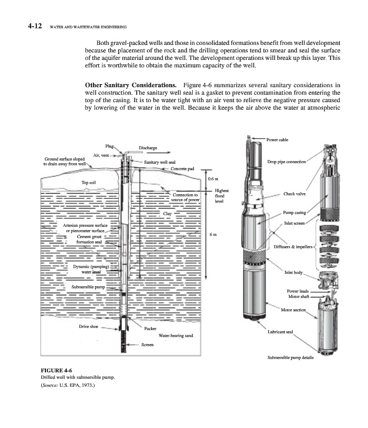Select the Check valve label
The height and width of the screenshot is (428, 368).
(x=294, y=194)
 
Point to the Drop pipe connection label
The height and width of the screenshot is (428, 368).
(x=286, y=162)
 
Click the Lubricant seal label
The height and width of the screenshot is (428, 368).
(x=280, y=332)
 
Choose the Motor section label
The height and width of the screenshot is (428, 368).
(x=293, y=310)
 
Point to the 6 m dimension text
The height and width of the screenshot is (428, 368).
(x=214, y=234)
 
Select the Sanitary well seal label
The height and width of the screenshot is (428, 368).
(x=160, y=162)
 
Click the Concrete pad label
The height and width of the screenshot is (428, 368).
(x=182, y=169)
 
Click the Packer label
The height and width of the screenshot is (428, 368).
(x=150, y=328)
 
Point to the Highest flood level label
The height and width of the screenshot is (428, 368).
(x=222, y=196)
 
